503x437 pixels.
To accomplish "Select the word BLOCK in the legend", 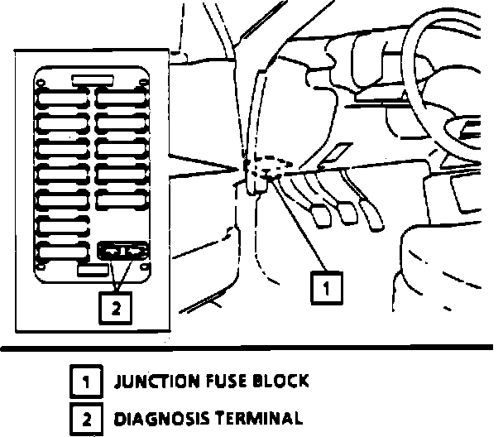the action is point(280,382).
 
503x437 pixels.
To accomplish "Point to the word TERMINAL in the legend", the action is point(259,418).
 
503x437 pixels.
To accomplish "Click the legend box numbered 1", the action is point(86,382).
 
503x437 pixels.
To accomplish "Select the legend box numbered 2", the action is point(87,420).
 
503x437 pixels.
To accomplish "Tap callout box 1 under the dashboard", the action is point(327,287).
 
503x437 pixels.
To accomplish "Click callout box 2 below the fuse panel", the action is point(116,308).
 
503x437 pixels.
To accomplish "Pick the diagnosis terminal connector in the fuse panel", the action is point(123,251).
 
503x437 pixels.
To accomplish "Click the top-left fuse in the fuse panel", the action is point(62,98).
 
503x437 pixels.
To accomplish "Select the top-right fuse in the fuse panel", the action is point(122,98).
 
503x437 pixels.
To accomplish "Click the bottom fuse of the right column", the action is point(122,199).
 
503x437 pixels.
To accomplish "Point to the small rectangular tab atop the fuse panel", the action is point(93,80).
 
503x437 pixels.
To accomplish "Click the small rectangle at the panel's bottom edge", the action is point(93,270).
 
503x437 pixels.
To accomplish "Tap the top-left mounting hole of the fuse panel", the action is point(40,84).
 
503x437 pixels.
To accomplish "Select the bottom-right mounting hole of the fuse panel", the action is point(145,267).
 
